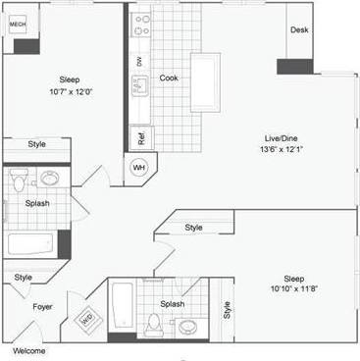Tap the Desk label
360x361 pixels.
pos(299,30)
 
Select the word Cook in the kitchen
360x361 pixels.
pos(169,78)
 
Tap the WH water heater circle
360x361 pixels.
pos(139,167)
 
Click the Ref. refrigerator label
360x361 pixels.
pos(140,136)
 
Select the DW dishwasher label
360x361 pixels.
pos(139,61)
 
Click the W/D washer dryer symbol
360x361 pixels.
pos(89,316)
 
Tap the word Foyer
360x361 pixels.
pos(42,307)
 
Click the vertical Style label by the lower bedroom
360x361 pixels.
pos(227,310)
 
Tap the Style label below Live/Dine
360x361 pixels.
pos(194,228)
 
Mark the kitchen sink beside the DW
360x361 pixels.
pos(140,86)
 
